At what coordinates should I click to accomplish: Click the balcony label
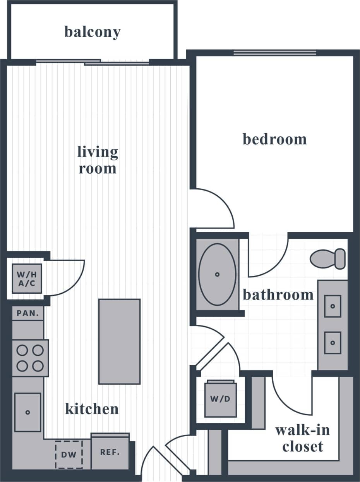point(92,32)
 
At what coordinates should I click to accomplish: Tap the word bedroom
point(274,139)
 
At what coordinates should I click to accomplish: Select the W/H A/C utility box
point(27,278)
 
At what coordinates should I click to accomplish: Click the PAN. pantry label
point(28,313)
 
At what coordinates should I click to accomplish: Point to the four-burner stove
point(30,358)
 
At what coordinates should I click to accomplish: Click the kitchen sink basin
point(27,412)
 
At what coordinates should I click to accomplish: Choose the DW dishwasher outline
point(69,454)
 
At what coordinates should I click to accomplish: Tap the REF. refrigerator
point(110,452)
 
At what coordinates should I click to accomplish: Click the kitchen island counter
point(119,341)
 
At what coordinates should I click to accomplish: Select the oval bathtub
point(217,274)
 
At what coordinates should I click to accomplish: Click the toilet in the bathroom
point(327,259)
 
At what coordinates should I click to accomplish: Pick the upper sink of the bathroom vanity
point(333,306)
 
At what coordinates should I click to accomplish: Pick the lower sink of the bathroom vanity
point(333,343)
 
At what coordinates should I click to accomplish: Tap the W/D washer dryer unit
point(220,399)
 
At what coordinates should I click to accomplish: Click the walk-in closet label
point(302,438)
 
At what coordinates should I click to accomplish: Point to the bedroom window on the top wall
point(274,53)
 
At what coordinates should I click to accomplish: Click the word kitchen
point(92,409)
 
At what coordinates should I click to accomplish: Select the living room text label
point(98,160)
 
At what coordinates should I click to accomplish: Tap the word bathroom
point(278,295)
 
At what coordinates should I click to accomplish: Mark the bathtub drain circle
point(217,274)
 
